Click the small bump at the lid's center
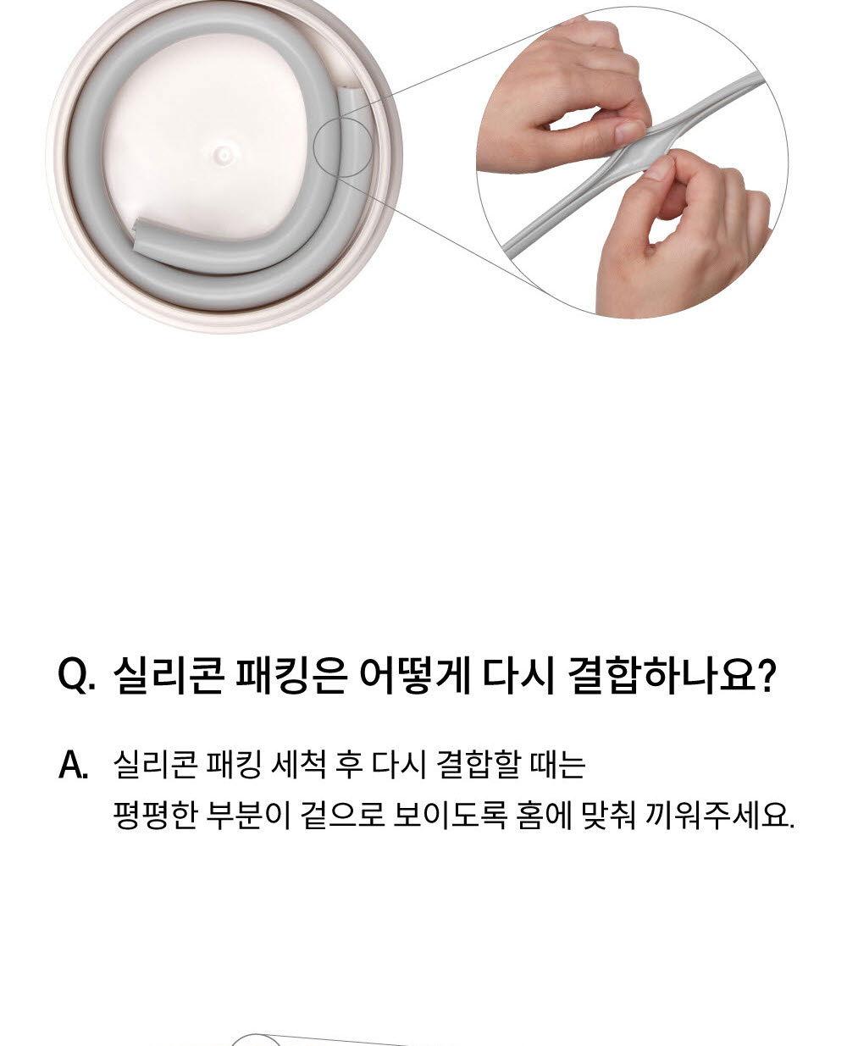point(222,155)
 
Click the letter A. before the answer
point(74,767)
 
